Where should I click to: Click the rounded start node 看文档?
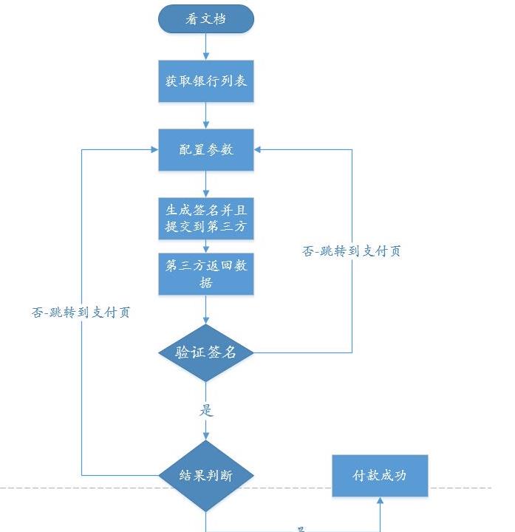[x=206, y=18]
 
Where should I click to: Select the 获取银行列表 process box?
[x=206, y=81]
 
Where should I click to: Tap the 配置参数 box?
[x=206, y=149]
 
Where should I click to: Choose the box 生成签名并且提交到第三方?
[x=206, y=218]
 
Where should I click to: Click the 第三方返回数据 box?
[x=206, y=274]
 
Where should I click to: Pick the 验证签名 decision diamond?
[x=206, y=352]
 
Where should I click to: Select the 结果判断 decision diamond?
[x=206, y=475]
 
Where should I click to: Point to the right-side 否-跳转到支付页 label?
[x=352, y=250]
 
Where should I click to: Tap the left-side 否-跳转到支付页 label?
[x=81, y=312]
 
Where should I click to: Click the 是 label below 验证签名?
[x=206, y=411]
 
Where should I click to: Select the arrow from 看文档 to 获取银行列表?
[x=206, y=46]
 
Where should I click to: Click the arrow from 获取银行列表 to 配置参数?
[x=206, y=115]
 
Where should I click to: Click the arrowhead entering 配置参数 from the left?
[x=154, y=149]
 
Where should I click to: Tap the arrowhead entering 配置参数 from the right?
[x=259, y=149]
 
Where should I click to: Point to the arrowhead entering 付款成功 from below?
[x=380, y=502]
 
